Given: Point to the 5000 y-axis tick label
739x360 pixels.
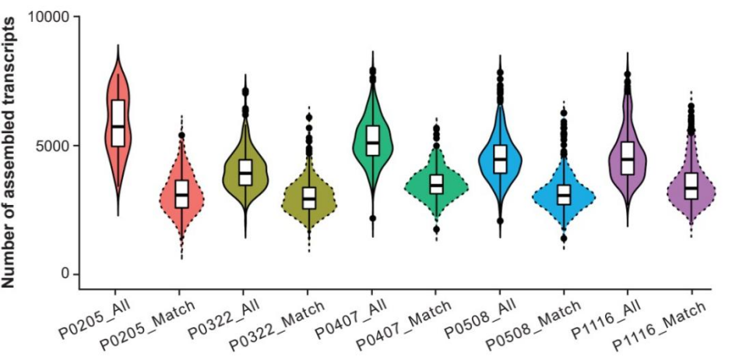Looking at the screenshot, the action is (x=53, y=145).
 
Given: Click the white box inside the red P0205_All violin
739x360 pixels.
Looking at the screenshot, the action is (x=118, y=122).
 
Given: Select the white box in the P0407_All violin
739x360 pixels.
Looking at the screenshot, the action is (x=373, y=140).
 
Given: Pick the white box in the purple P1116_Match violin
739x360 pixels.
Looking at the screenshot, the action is (x=691, y=186).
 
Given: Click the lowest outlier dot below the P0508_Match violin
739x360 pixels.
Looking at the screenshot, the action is (x=564, y=238).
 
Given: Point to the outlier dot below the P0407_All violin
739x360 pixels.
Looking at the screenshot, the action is (x=373, y=218).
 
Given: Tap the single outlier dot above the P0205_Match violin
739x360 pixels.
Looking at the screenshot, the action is (x=181, y=136).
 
